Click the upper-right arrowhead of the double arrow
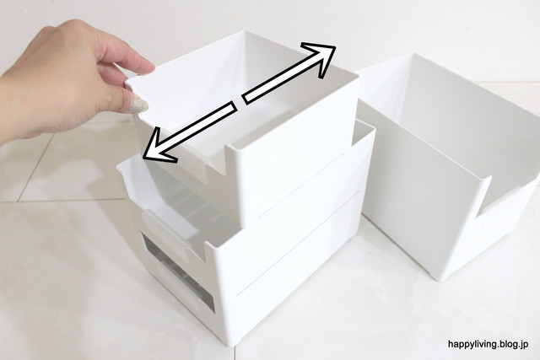click(x=322, y=56)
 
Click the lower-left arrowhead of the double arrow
click(x=157, y=148)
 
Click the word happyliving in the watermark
click(x=472, y=344)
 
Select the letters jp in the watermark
click(x=525, y=345)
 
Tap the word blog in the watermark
click(x=508, y=344)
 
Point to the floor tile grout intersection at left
click(x=18, y=201)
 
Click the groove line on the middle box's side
click(x=300, y=185)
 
